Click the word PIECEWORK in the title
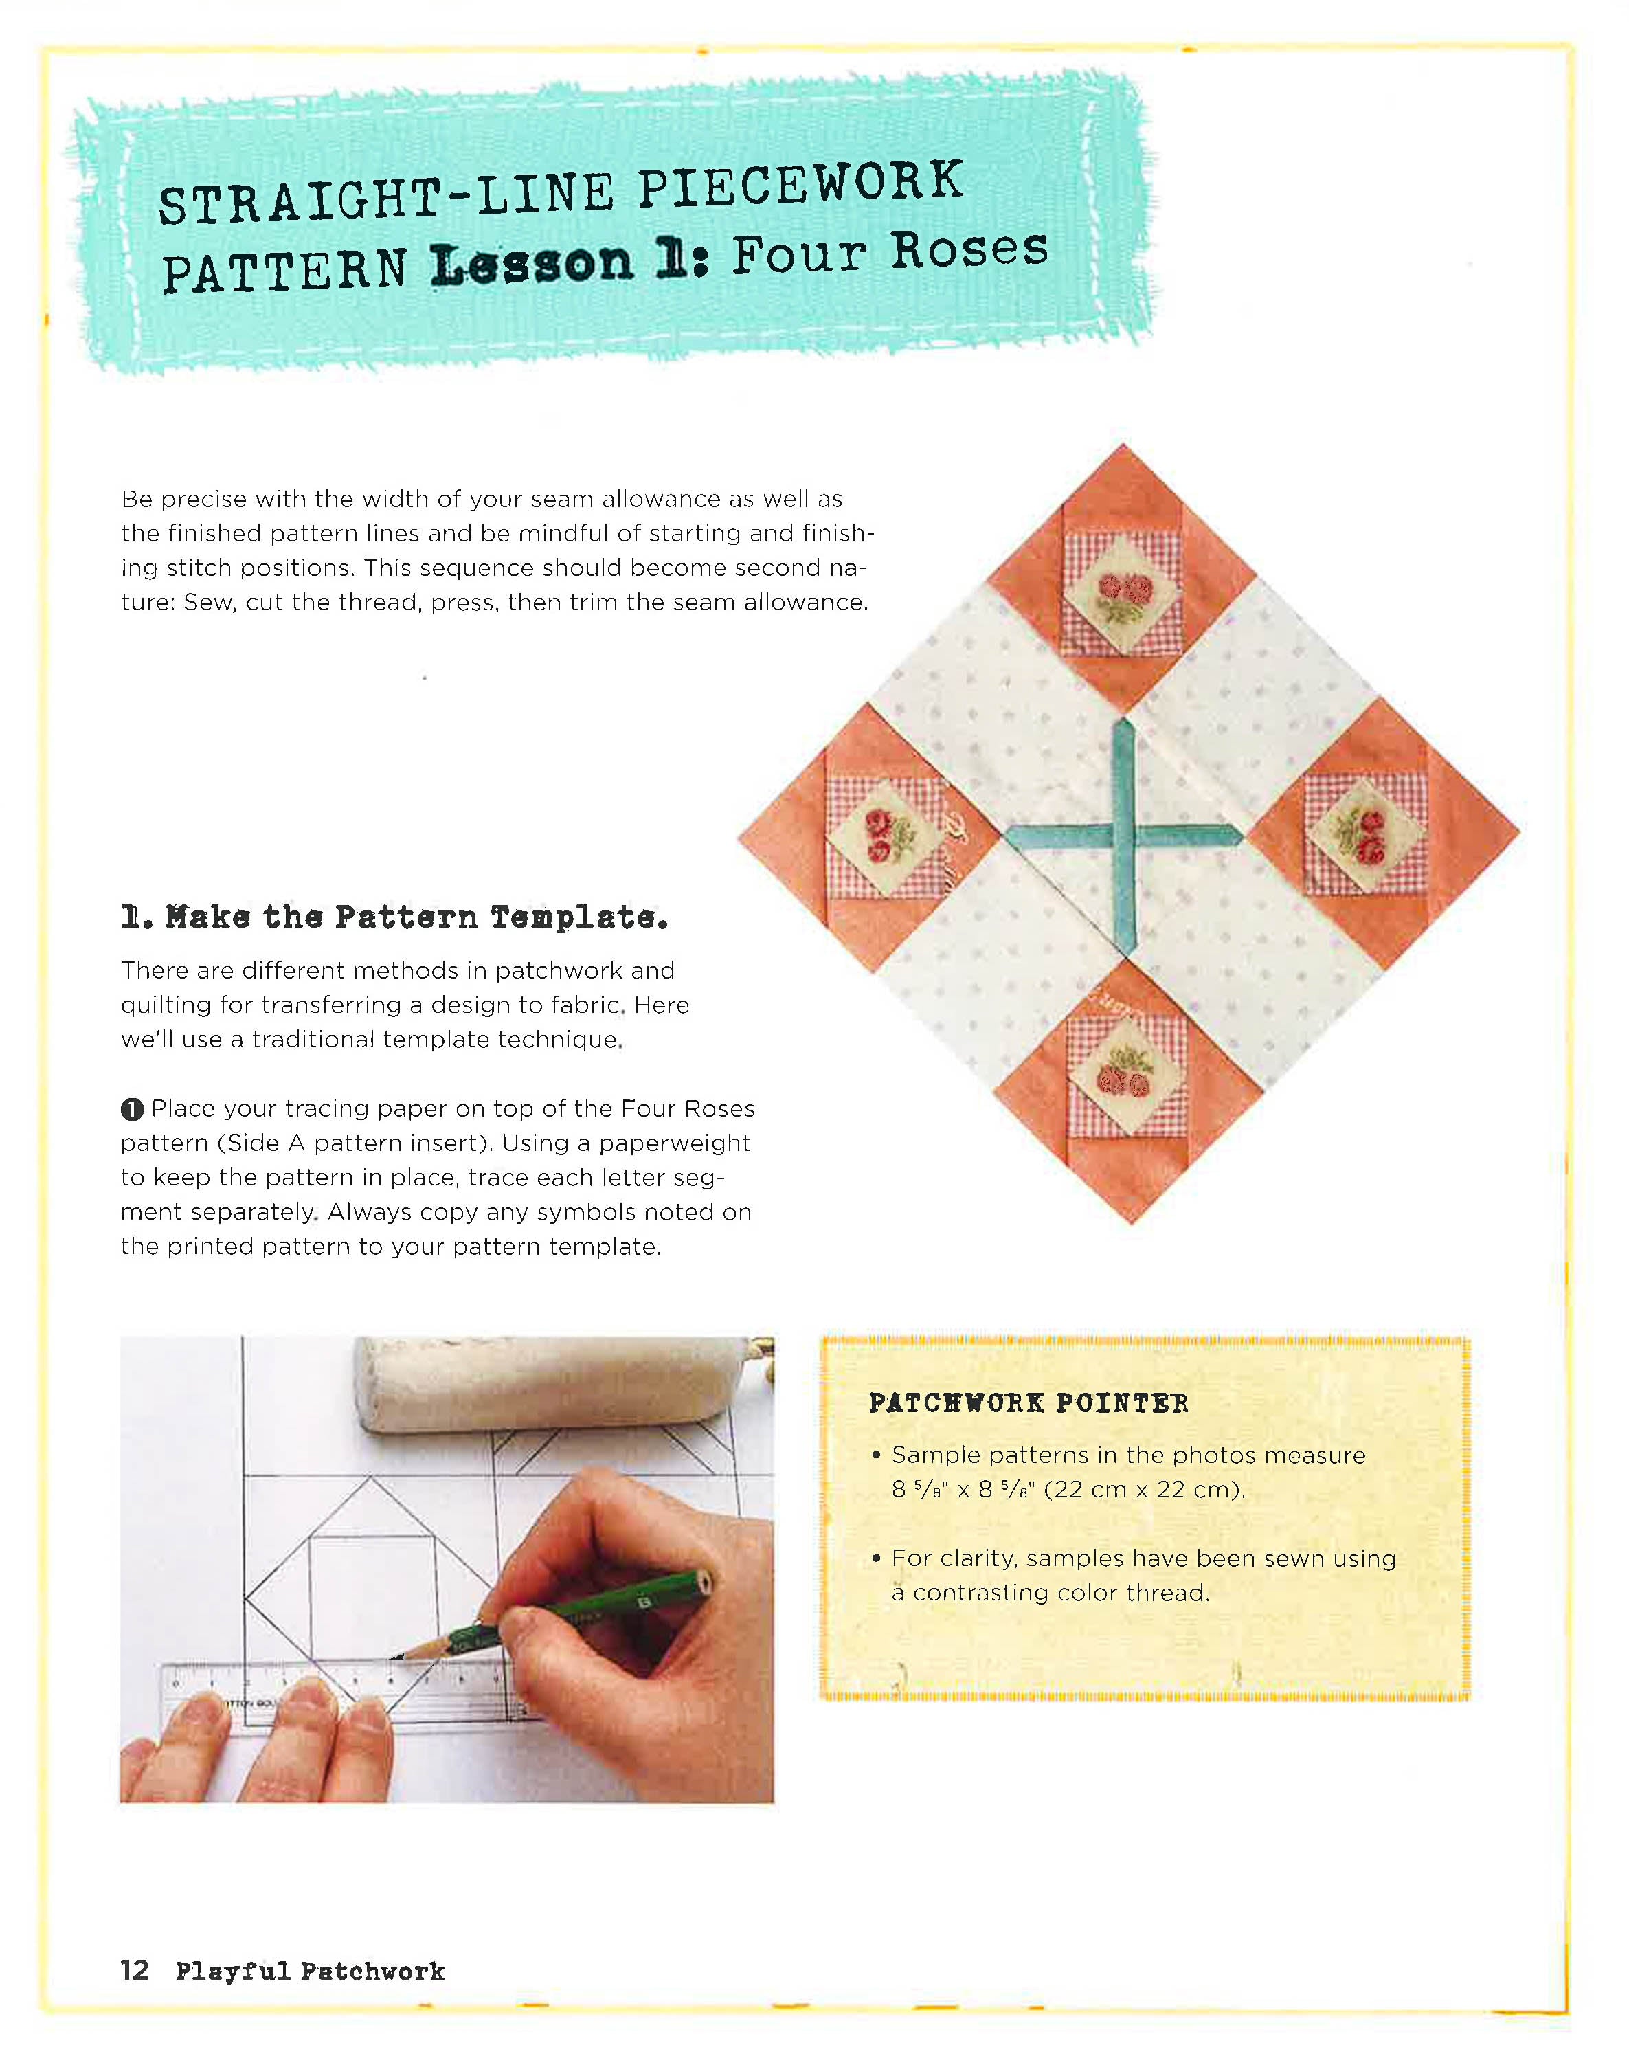point(800,184)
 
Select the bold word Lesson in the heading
point(531,264)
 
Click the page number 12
point(135,1969)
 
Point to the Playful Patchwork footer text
point(310,1971)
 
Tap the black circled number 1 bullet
point(133,1109)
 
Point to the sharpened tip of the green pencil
point(394,1658)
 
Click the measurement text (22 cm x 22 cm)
point(1144,1490)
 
